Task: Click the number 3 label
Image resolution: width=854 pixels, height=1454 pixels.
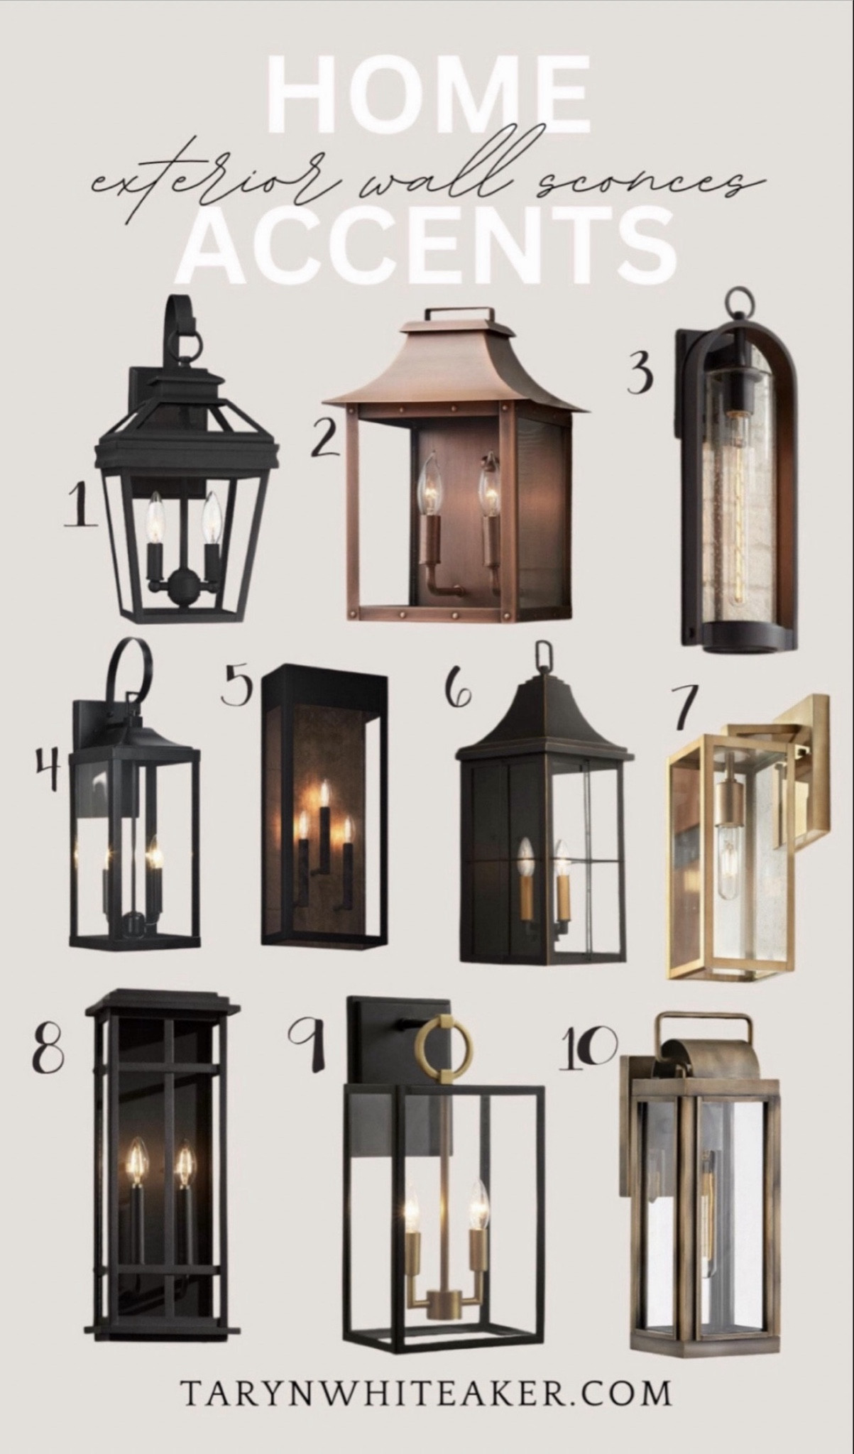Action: [640, 374]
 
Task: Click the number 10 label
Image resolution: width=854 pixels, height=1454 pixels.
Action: [587, 1046]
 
